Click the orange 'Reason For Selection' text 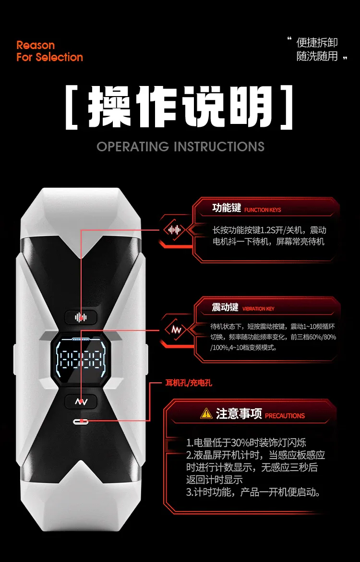pyautogui.click(x=49, y=51)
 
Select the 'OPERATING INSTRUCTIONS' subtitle pyautogui.click(x=180, y=147)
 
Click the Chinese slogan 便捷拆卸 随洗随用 pyautogui.click(x=317, y=49)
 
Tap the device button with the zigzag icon pyautogui.click(x=81, y=402)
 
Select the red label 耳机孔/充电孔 pyautogui.click(x=189, y=383)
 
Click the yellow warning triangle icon pyautogui.click(x=206, y=413)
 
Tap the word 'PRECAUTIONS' pyautogui.click(x=285, y=416)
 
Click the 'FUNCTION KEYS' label pyautogui.click(x=263, y=210)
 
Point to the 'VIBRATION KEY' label pyautogui.click(x=258, y=308)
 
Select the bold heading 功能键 pyautogui.click(x=227, y=208)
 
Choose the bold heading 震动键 pyautogui.click(x=225, y=307)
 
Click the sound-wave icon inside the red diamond pyautogui.click(x=174, y=230)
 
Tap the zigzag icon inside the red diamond pyautogui.click(x=176, y=329)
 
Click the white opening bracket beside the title pyautogui.click(x=72, y=107)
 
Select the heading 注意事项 pyautogui.click(x=239, y=414)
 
